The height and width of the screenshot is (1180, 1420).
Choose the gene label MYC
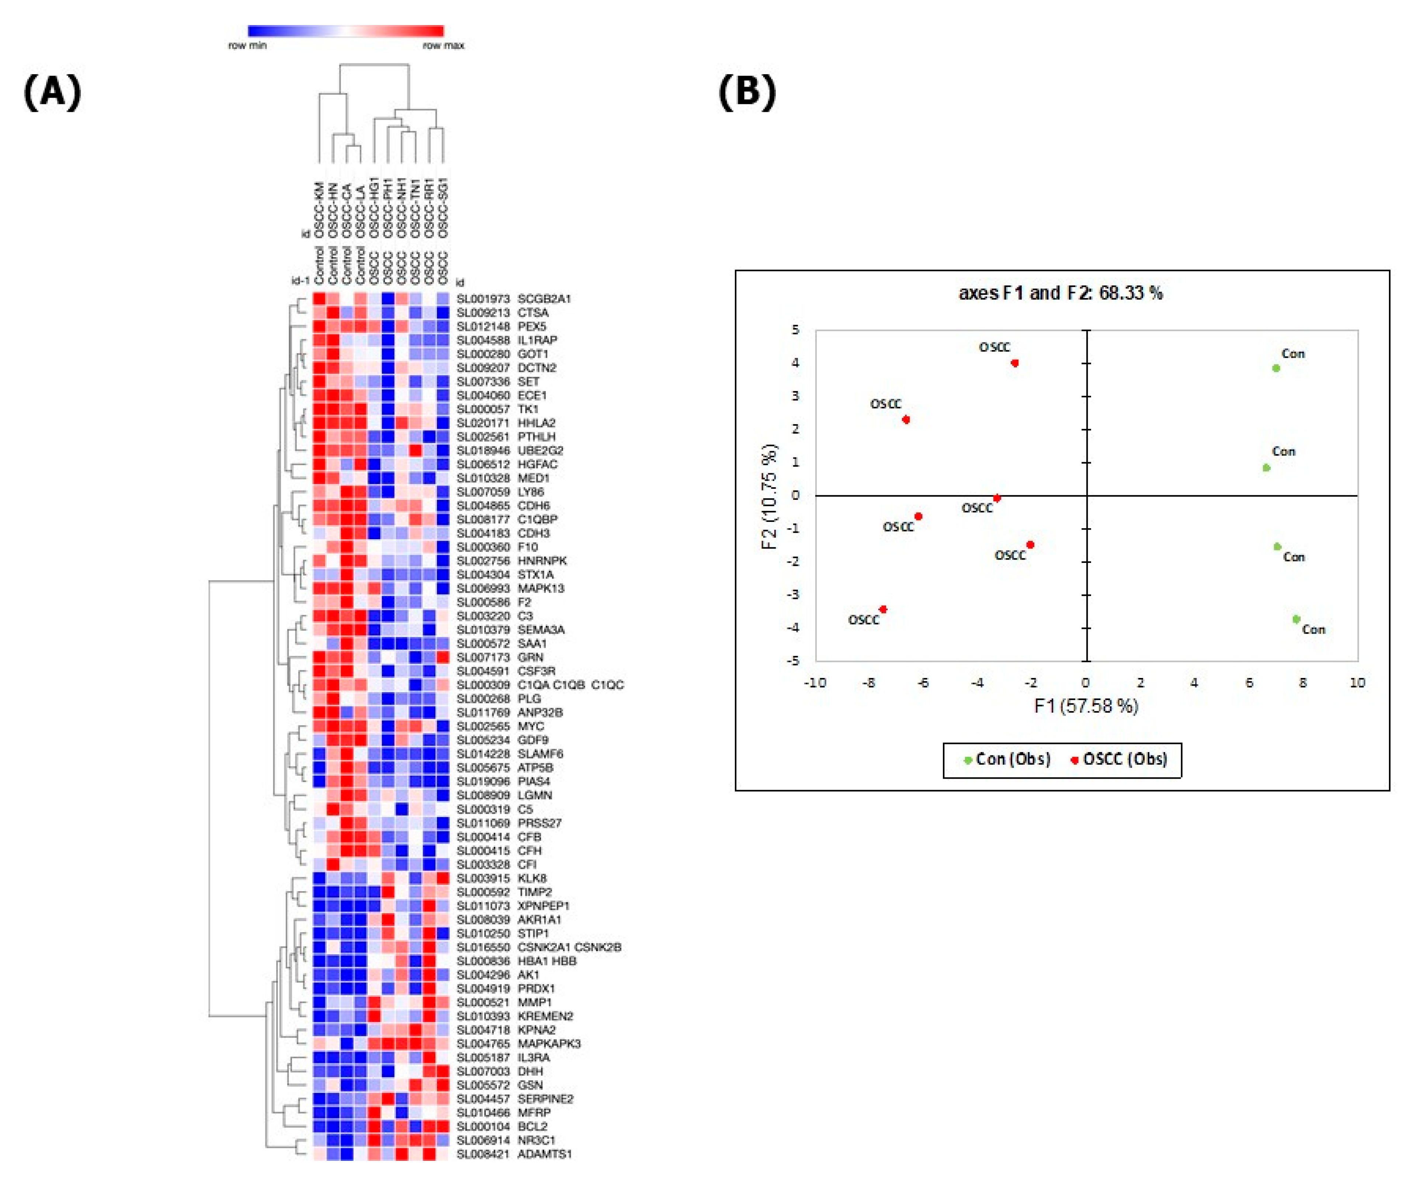tap(531, 726)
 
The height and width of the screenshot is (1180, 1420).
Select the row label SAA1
tap(532, 643)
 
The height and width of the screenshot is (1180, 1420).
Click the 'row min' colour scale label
tap(247, 45)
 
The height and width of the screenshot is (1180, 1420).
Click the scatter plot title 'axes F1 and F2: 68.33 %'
tap(1060, 293)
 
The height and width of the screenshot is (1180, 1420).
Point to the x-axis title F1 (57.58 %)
tap(1086, 706)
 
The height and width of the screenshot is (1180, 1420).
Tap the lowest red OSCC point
tap(883, 610)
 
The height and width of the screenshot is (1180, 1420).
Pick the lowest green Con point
tap(1296, 619)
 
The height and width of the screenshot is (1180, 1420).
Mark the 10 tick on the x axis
tap(1357, 683)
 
